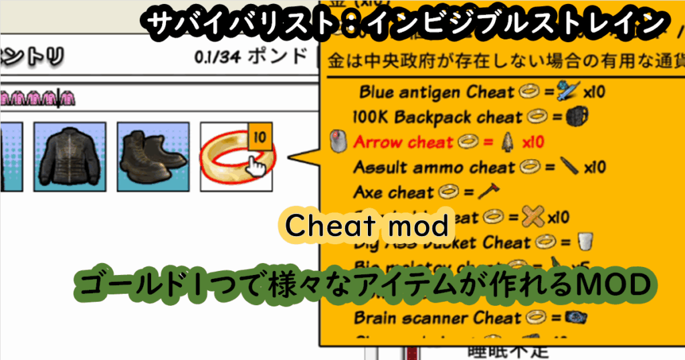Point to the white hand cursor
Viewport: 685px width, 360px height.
254,167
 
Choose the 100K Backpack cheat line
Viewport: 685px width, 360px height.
437,117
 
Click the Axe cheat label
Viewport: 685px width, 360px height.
393,193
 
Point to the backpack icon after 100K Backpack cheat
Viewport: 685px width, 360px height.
575,117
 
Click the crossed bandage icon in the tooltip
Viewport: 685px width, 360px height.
533,217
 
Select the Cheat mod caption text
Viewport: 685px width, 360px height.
367,226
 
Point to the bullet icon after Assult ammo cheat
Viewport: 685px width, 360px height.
569,167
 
